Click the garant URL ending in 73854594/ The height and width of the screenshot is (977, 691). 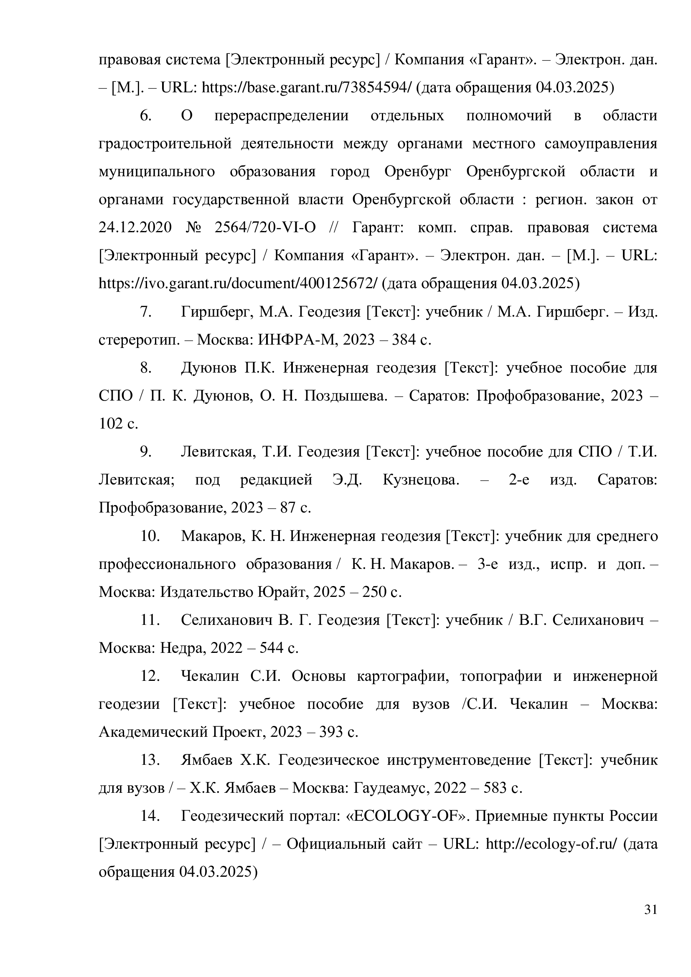(x=307, y=88)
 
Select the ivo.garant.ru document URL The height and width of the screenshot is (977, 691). (x=238, y=283)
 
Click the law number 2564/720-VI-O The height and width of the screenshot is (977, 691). (x=265, y=228)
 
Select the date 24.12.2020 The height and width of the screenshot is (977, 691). (x=135, y=228)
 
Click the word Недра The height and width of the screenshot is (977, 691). (x=183, y=648)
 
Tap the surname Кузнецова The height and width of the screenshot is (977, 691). (x=421, y=480)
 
